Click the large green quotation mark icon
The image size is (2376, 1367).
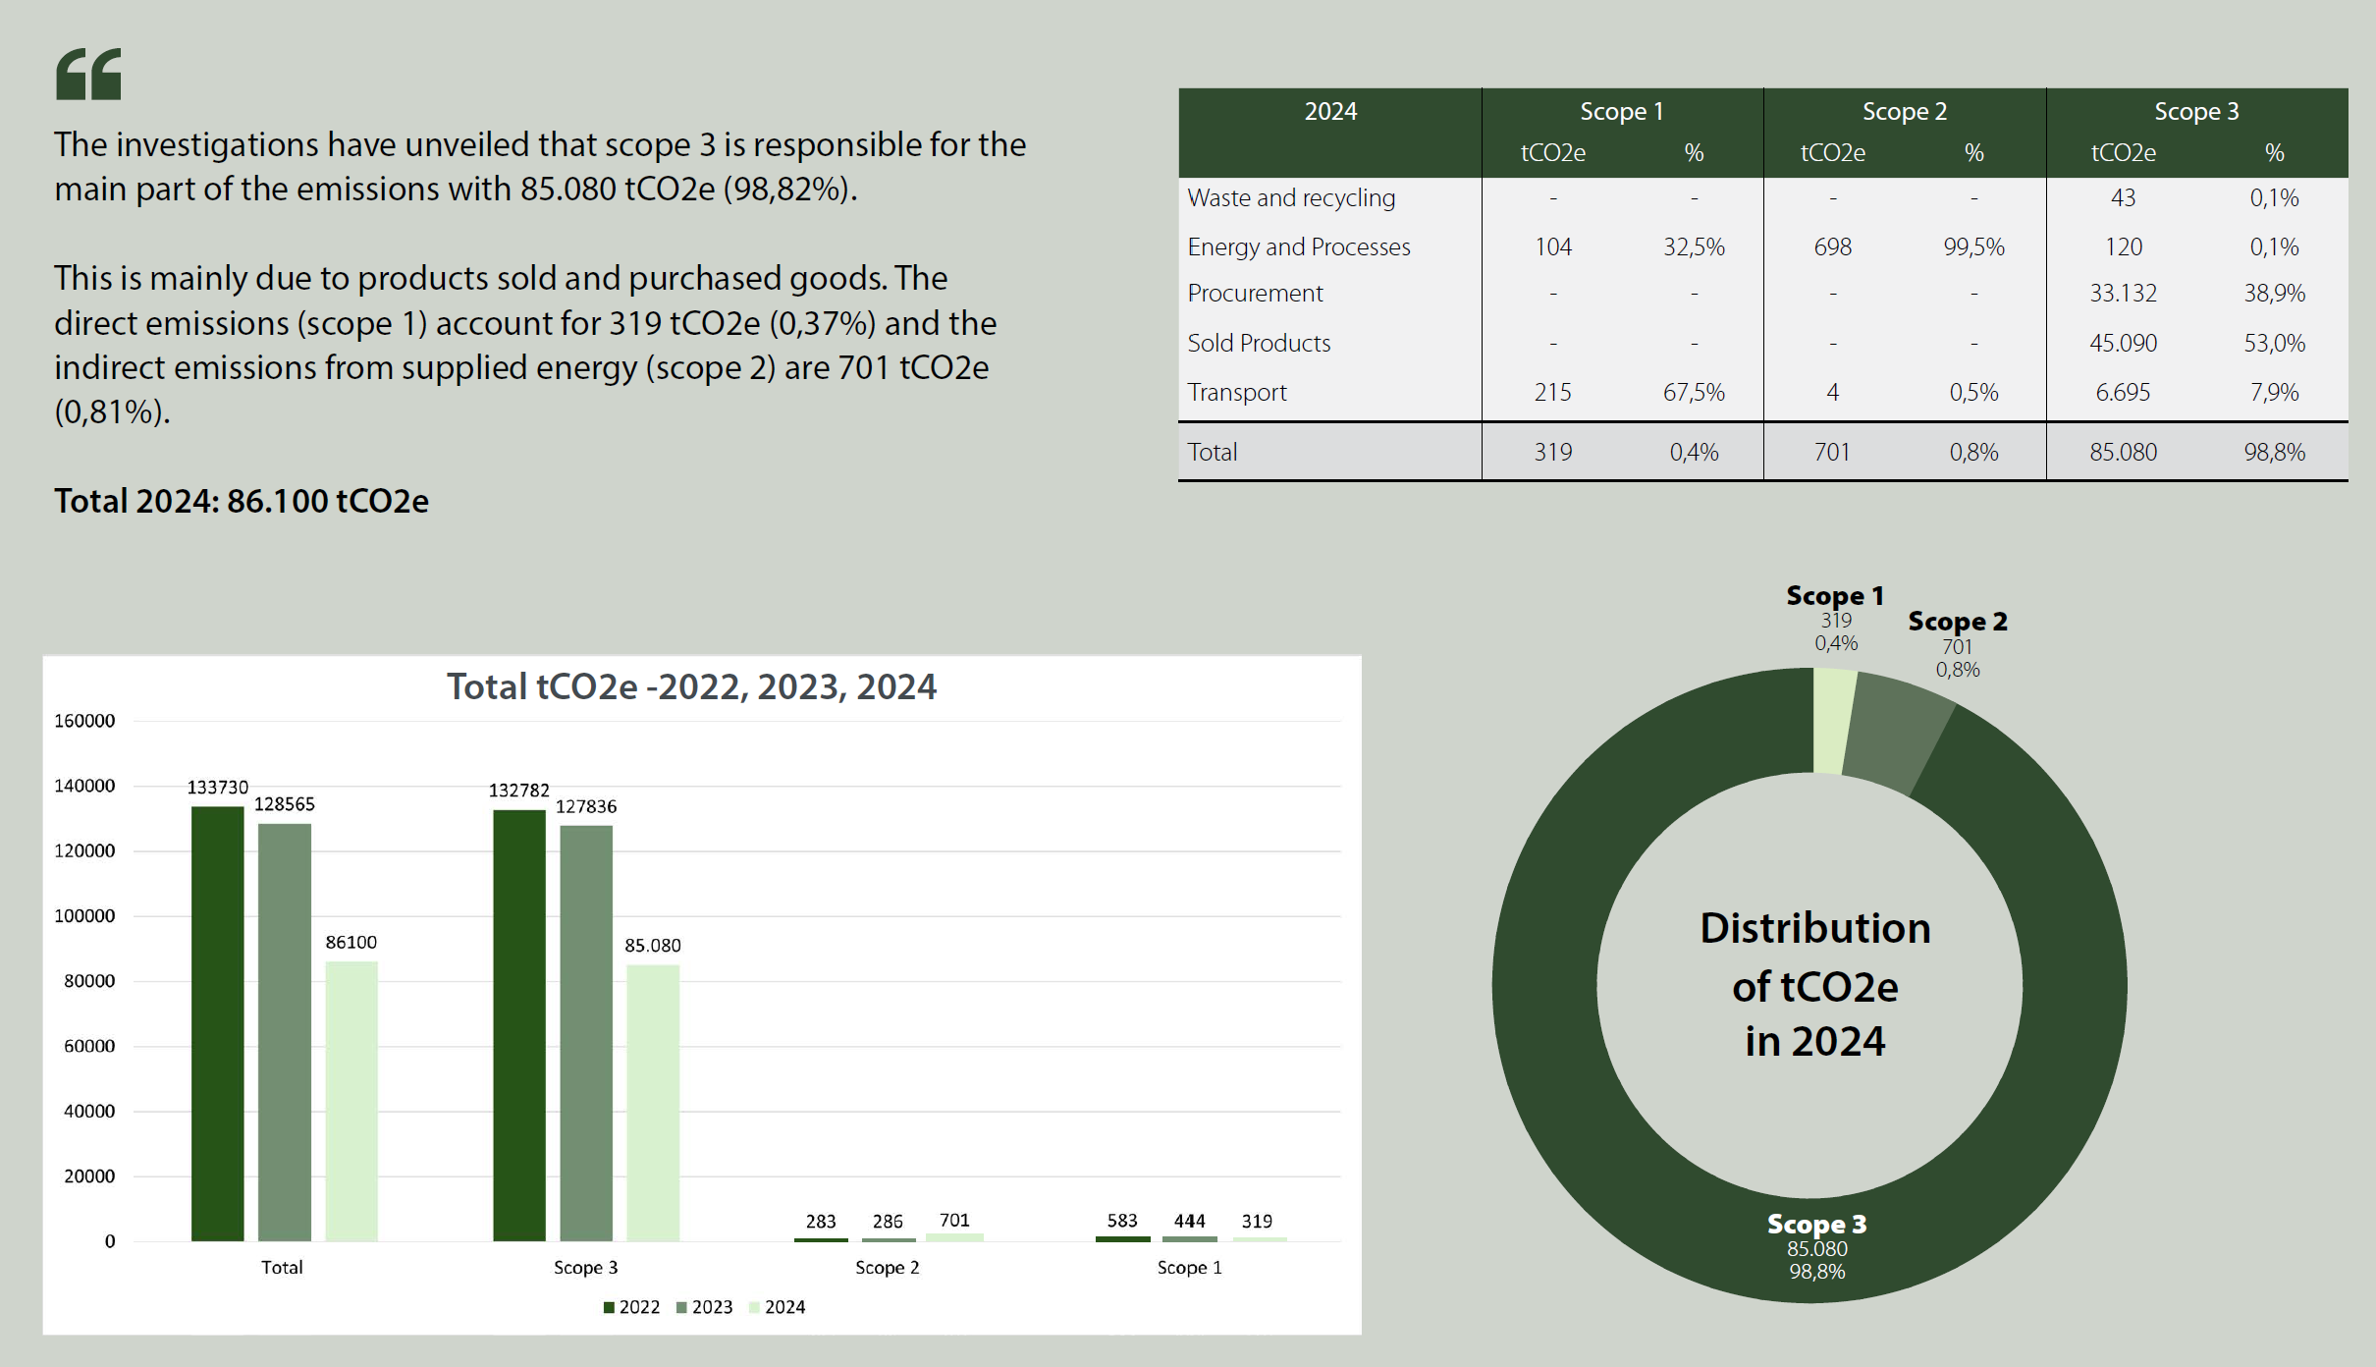tap(88, 74)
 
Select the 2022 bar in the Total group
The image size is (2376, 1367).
tap(217, 1021)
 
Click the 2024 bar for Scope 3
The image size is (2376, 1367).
tap(653, 1100)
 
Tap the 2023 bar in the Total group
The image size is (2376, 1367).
tap(285, 1031)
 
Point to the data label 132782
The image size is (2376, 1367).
tap(519, 790)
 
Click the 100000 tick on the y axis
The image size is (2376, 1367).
tap(84, 915)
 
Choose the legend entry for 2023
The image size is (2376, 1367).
tap(704, 1306)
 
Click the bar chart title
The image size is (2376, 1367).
tap(691, 686)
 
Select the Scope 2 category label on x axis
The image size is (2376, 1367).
tap(887, 1267)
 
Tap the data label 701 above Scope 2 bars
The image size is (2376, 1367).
tap(954, 1220)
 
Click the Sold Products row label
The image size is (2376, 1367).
tap(1259, 343)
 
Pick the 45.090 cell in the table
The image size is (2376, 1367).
tap(2123, 343)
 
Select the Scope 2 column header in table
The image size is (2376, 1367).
tap(1904, 111)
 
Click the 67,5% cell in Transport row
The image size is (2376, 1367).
tap(1694, 392)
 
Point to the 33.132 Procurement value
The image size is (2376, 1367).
tap(2123, 293)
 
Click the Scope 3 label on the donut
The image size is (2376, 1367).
tap(1816, 1224)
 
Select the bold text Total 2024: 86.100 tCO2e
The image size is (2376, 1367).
tap(242, 501)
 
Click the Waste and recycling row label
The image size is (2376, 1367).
tap(1291, 197)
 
